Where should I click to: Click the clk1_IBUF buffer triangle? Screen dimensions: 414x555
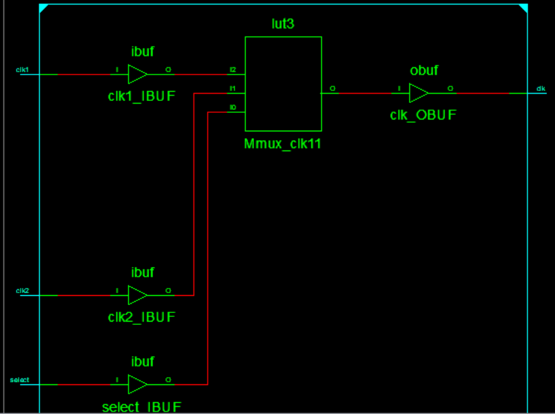coord(137,74)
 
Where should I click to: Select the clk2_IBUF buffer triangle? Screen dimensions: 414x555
coord(137,295)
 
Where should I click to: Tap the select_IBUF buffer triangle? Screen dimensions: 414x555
coord(137,384)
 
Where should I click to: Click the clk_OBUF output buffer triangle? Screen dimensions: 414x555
coord(418,93)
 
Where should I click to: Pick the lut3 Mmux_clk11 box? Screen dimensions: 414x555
coord(283,84)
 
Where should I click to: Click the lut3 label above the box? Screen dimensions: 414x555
coord(283,24)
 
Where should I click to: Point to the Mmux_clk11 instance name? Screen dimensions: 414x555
coord(282,143)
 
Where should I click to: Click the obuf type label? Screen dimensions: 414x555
coord(424,70)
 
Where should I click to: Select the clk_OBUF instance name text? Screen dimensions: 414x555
coord(423,116)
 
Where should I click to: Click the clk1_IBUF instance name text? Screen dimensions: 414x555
coord(142,96)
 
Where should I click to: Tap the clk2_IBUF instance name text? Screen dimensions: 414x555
coord(142,317)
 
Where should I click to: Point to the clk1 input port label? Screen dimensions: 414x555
coord(22,69)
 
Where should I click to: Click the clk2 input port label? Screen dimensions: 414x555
coord(22,291)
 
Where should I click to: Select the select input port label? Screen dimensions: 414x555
coord(19,380)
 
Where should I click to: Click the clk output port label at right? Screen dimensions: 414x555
coord(540,88)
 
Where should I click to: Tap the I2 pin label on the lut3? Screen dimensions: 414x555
coord(232,69)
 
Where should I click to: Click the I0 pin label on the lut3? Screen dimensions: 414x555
coord(232,107)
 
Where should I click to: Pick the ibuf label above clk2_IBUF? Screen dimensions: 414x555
coord(143,272)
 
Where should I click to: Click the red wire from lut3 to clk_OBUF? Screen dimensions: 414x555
coord(366,93)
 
